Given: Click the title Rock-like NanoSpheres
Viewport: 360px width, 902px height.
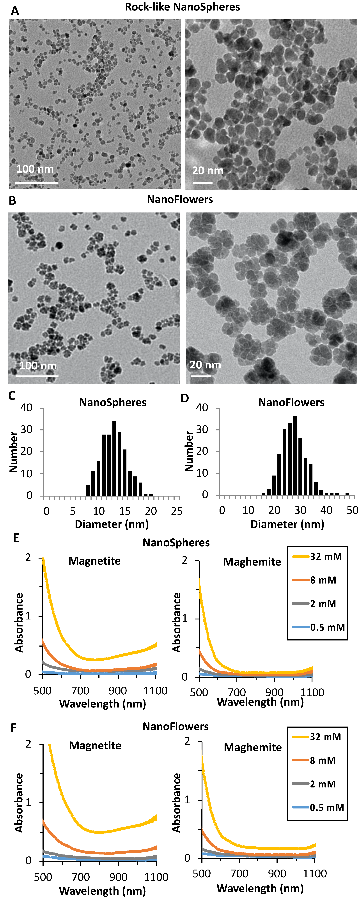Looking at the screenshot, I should pos(183,7).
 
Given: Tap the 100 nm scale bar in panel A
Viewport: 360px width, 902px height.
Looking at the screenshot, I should pos(36,182).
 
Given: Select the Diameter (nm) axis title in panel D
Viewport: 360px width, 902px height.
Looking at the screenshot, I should pos(287,524).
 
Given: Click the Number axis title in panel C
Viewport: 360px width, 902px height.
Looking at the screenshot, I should pos(13,452).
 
